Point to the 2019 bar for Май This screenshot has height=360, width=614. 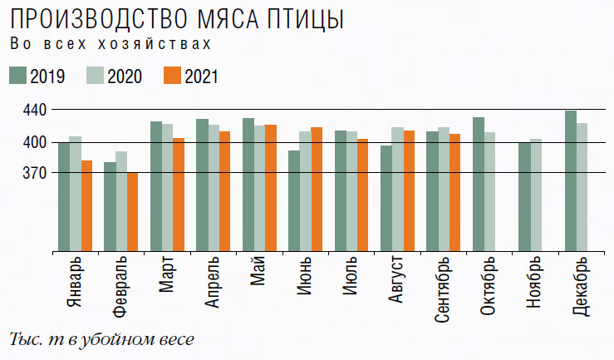click(248, 184)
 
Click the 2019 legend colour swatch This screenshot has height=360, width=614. click(17, 76)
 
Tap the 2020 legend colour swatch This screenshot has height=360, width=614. click(96, 76)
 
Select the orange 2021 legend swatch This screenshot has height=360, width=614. click(172, 76)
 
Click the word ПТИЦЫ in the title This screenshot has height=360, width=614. click(295, 17)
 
